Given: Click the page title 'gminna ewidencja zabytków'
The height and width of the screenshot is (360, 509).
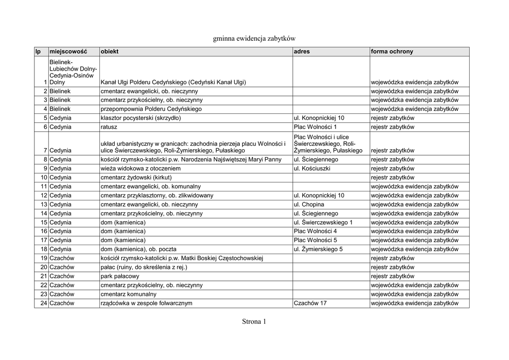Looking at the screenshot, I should (254, 38).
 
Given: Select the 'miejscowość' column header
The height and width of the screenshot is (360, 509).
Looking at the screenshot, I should (68, 52).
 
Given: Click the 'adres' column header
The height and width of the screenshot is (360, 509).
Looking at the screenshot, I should (302, 52).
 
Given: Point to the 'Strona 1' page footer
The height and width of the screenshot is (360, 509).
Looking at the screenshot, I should (254, 322).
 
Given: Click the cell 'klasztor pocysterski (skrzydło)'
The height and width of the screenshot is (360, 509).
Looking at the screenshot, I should (141, 118).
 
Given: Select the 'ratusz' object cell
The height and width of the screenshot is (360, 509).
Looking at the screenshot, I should (109, 127).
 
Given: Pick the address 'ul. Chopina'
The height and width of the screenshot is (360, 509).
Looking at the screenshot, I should (309, 204).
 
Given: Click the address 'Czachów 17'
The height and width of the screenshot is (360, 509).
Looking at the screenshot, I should (310, 303).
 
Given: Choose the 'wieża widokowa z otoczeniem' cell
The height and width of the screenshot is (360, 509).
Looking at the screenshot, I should (140, 169).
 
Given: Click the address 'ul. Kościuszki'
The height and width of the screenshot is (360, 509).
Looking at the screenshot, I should (313, 169).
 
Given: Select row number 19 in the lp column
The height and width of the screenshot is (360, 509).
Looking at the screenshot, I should (44, 258).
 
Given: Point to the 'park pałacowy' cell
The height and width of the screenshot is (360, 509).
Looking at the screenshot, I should (120, 276).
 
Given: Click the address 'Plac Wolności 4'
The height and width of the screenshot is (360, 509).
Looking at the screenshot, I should (315, 231).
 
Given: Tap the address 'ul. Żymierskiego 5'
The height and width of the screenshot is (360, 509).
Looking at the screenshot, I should (318, 249).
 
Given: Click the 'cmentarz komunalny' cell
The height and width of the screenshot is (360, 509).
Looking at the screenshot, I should (128, 294).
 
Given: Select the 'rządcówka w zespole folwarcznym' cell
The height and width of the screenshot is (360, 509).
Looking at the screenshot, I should (146, 303).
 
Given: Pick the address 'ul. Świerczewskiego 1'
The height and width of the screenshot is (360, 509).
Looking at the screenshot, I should (323, 222).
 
